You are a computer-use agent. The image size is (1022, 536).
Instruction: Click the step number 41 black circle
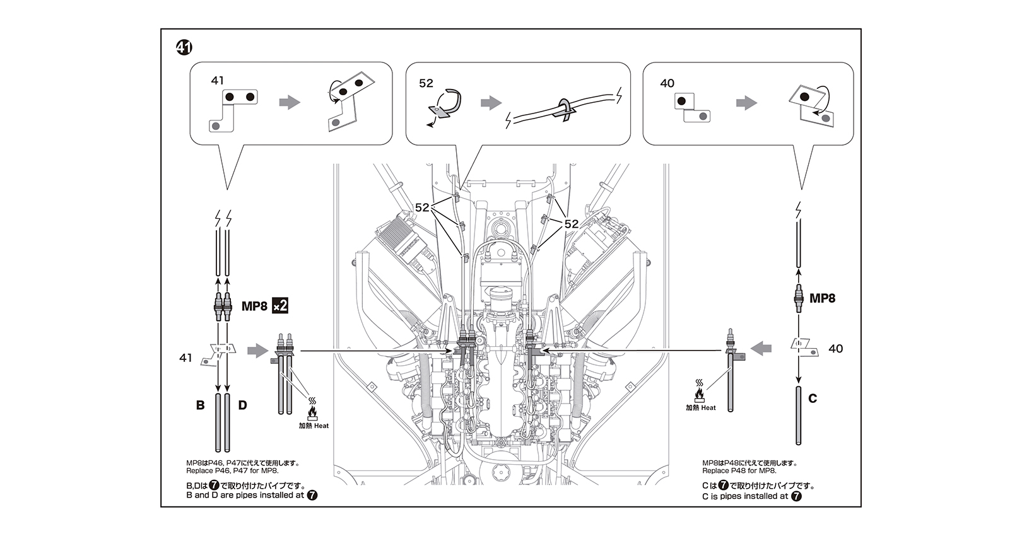(184, 47)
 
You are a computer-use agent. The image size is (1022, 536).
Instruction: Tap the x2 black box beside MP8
(279, 306)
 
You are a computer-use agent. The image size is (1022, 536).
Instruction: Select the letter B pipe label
(200, 405)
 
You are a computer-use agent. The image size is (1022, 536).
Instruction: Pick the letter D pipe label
(242, 405)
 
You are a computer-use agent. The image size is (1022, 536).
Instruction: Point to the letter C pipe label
(812, 399)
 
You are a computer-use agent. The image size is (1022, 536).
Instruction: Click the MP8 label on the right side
(822, 298)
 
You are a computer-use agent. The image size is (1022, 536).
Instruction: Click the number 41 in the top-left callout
(218, 81)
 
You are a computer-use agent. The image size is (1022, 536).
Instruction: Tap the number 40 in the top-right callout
(667, 83)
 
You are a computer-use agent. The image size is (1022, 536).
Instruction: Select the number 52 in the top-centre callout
(426, 83)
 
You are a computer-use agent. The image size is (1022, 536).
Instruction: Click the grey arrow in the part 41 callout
(290, 102)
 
